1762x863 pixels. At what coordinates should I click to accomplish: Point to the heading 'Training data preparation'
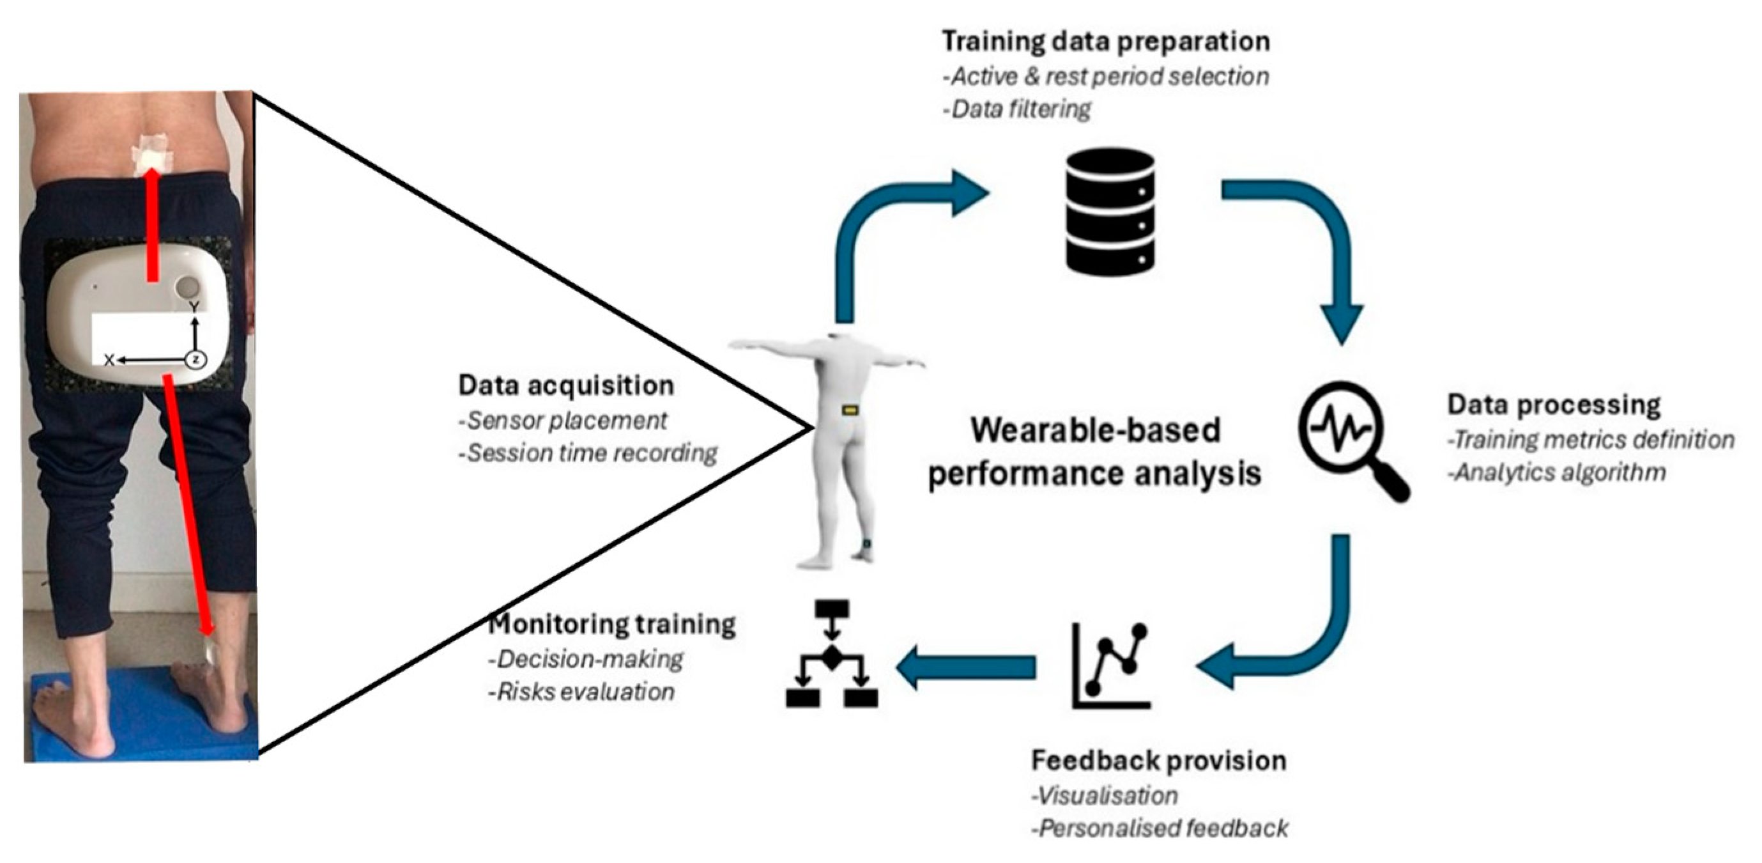point(1105,41)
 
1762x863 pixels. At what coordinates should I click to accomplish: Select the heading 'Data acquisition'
point(565,385)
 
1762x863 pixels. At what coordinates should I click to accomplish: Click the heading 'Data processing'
point(1553,405)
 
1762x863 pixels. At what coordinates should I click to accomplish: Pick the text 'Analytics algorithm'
point(1559,472)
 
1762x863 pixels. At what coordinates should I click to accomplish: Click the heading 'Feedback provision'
point(1158,760)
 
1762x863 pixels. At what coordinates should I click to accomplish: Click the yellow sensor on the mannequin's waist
point(850,410)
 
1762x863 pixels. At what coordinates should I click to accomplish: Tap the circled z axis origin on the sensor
point(196,359)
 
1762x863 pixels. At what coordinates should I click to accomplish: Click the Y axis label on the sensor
point(195,307)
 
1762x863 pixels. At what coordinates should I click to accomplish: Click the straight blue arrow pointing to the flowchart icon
point(966,667)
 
